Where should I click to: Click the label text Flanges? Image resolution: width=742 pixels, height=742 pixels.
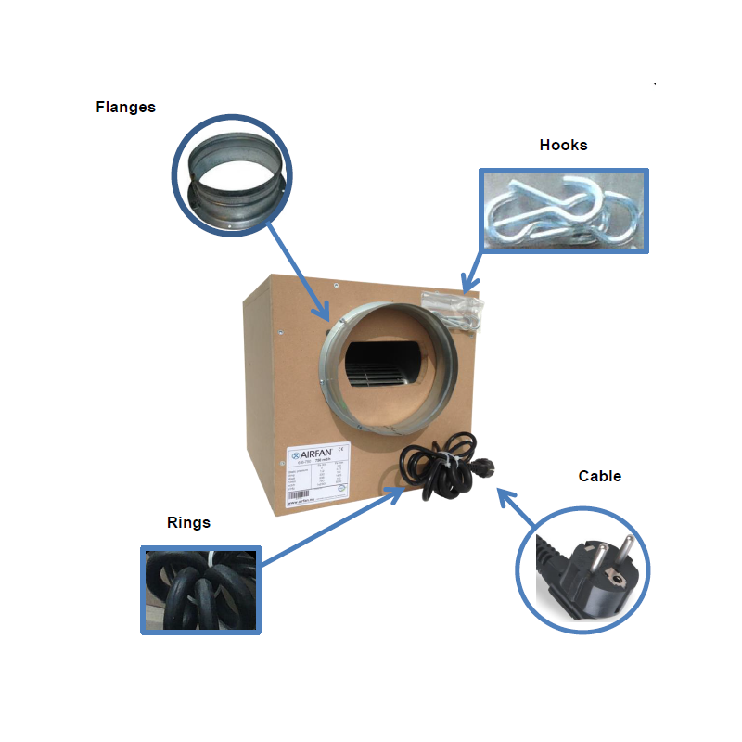[x=125, y=107]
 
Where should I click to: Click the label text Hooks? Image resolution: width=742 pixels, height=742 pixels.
[x=563, y=145]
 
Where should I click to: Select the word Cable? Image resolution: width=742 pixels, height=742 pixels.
[x=599, y=476]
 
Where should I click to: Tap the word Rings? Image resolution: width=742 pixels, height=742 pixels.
[x=188, y=522]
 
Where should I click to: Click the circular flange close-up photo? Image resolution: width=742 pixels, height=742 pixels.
[x=232, y=175]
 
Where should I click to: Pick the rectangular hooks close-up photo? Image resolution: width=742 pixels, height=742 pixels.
[x=563, y=211]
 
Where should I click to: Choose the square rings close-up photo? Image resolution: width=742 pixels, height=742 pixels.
[x=201, y=590]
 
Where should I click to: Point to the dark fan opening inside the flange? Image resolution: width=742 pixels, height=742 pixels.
[x=382, y=367]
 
